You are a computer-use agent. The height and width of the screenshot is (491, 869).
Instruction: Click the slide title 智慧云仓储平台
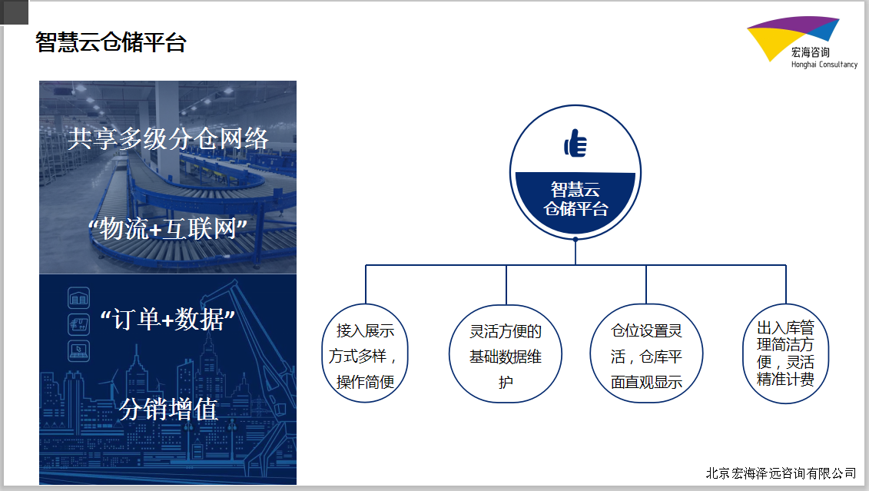pyautogui.click(x=111, y=43)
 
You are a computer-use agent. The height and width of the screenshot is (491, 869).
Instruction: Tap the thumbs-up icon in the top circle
pyautogui.click(x=575, y=143)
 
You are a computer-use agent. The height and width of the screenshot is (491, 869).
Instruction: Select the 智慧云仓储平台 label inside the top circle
pyautogui.click(x=575, y=199)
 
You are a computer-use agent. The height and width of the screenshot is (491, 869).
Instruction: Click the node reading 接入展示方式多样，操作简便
pyautogui.click(x=365, y=353)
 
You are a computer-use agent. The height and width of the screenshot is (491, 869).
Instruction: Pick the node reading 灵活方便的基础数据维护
pyautogui.click(x=506, y=353)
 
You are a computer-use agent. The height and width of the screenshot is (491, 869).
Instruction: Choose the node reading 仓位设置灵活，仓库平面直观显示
pyautogui.click(x=646, y=353)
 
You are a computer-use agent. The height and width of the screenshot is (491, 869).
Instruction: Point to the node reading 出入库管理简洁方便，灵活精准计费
pyautogui.click(x=785, y=353)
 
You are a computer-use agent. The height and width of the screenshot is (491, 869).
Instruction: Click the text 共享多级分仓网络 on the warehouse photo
pyautogui.click(x=168, y=138)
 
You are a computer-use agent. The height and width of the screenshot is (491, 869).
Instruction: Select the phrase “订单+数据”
pyautogui.click(x=168, y=320)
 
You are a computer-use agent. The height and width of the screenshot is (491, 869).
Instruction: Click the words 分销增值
pyautogui.click(x=168, y=410)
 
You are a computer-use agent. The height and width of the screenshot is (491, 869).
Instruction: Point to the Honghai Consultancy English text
pyautogui.click(x=824, y=65)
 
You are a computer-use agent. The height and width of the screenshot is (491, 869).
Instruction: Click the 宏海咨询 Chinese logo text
pyautogui.click(x=811, y=52)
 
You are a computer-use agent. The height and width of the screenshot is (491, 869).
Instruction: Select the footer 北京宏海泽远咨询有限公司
pyautogui.click(x=781, y=473)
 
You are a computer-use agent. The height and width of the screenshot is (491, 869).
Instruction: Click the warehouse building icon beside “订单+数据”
pyautogui.click(x=78, y=298)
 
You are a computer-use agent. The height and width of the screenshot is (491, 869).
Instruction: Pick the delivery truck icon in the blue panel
pyautogui.click(x=78, y=324)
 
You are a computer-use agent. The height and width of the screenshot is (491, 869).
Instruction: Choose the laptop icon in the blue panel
pyautogui.click(x=78, y=351)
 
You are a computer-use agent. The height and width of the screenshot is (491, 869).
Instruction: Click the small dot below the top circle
pyautogui.click(x=575, y=240)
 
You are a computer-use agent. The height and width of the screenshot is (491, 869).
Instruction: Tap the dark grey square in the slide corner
pyautogui.click(x=14, y=12)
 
